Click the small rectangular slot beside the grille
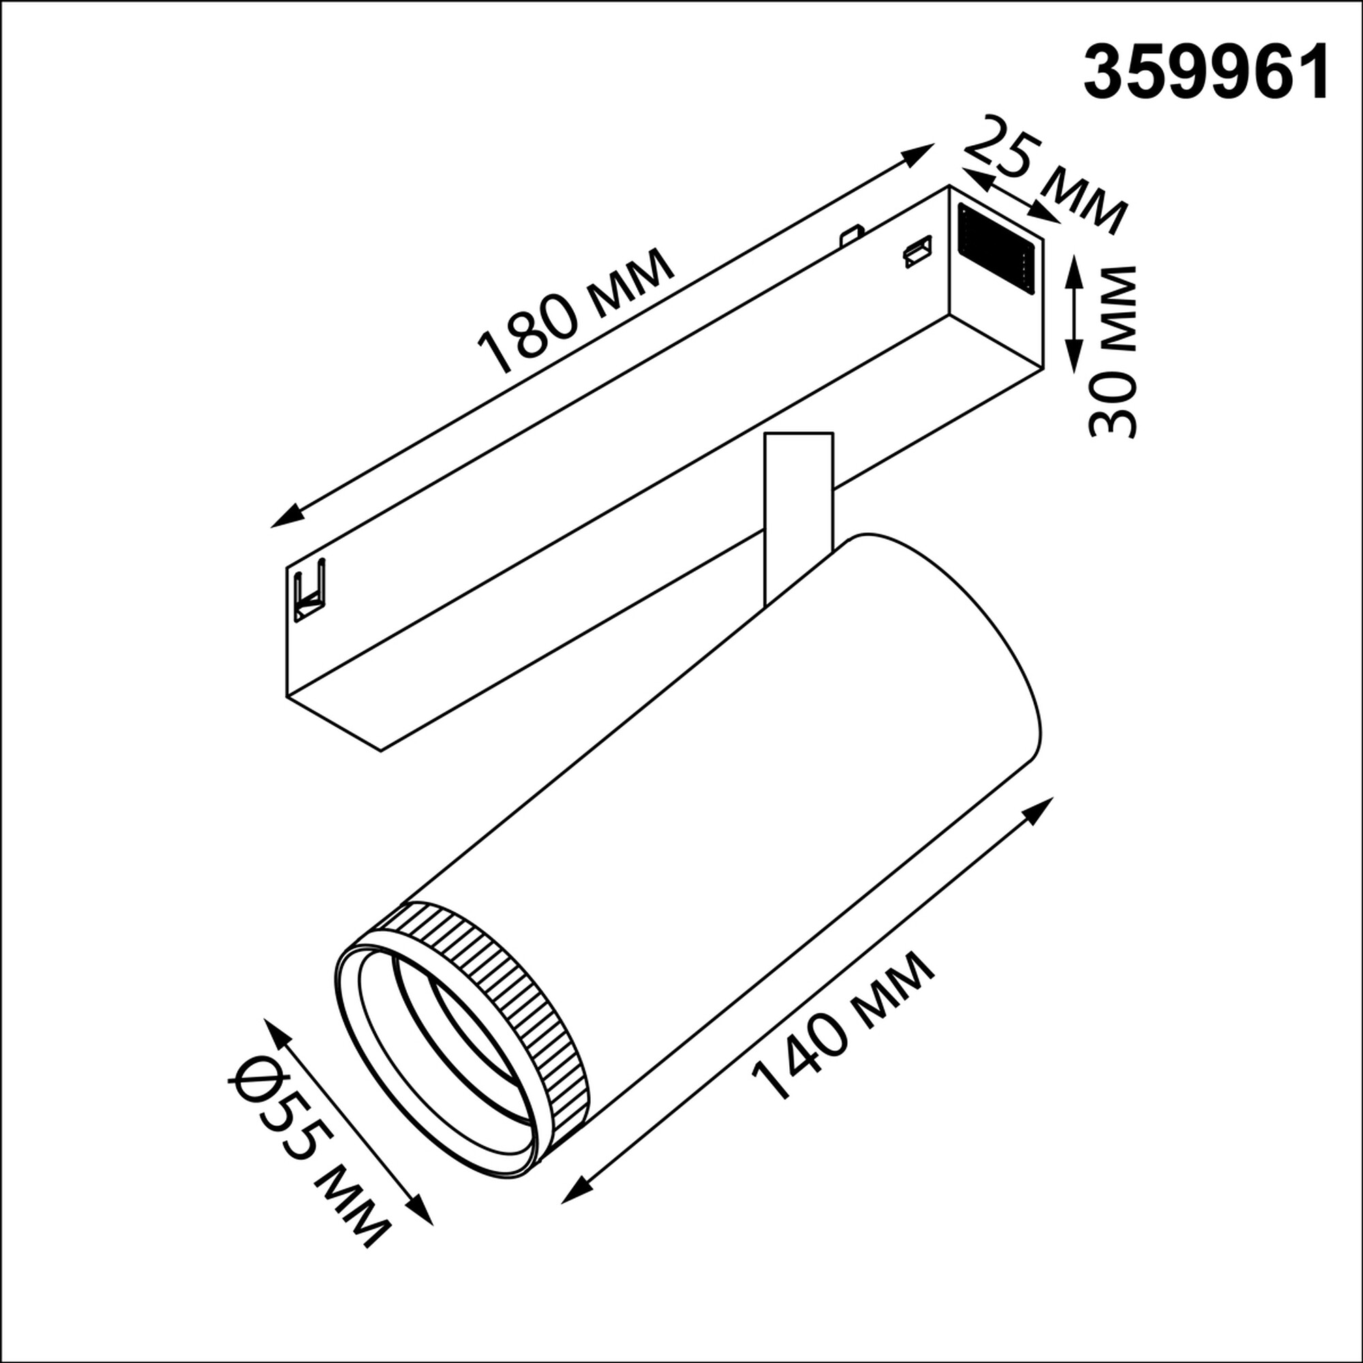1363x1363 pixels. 917,253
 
